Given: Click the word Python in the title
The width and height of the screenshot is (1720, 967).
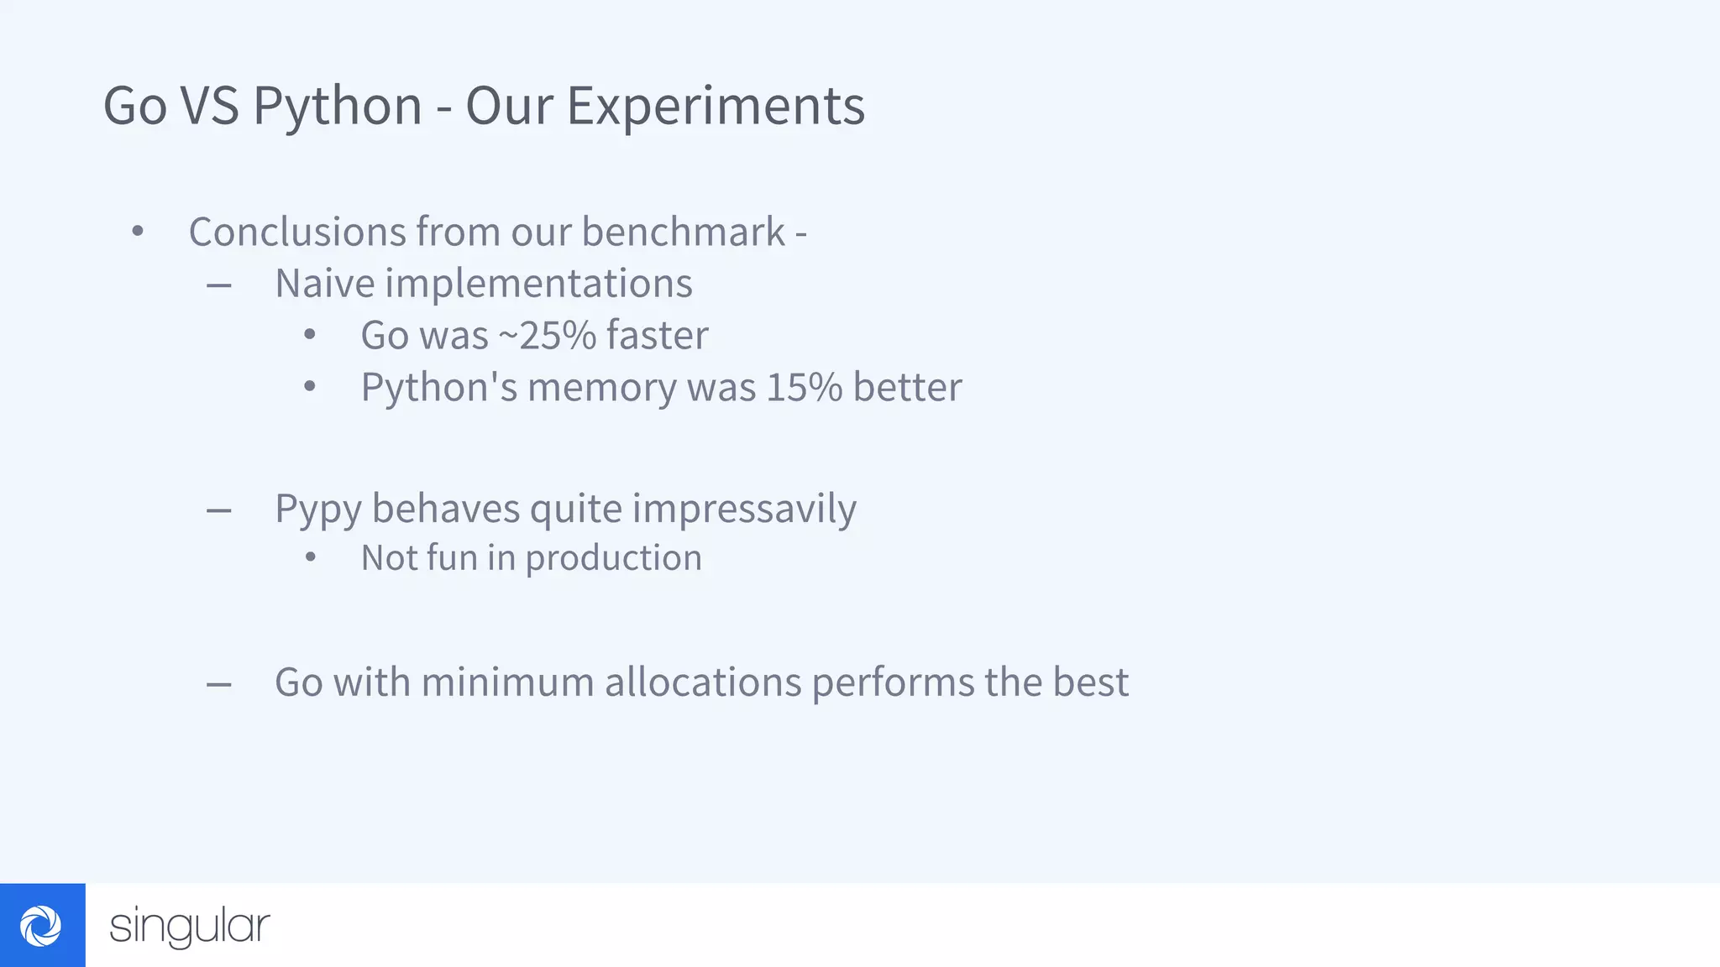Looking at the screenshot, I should tap(337, 107).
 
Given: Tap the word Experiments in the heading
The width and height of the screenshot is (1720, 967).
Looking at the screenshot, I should tap(716, 107).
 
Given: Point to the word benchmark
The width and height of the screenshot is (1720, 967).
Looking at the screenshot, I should tap(684, 232).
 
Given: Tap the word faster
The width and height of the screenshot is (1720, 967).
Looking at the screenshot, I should tap(658, 336).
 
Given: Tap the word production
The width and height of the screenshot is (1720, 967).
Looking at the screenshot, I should tap(613, 558).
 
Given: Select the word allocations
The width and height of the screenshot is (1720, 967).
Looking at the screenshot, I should tap(703, 682).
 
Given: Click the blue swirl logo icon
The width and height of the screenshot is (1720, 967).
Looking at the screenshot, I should tap(42, 925).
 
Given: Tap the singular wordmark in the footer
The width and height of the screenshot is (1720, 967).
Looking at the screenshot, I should tap(190, 927).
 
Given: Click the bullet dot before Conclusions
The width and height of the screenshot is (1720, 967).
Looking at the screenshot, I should tap(138, 231).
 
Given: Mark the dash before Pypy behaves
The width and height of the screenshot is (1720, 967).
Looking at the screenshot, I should tap(219, 510).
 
